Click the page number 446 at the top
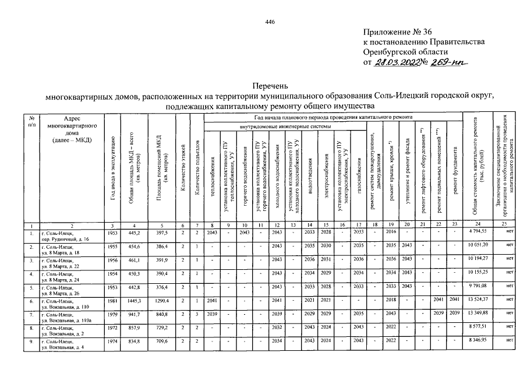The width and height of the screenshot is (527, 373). click(x=270, y=22)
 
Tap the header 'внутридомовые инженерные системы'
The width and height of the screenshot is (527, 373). click(x=285, y=126)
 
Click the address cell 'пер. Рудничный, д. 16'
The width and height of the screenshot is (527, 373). click(x=65, y=239)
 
